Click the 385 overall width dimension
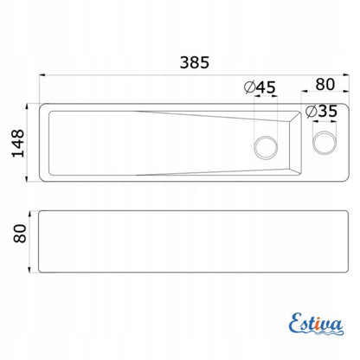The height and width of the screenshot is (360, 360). (x=195, y=62)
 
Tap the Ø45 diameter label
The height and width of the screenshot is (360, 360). (x=260, y=87)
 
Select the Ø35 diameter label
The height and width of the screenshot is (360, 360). (x=321, y=112)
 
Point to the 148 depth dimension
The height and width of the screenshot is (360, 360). (x=18, y=143)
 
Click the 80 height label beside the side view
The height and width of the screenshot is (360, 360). (x=20, y=234)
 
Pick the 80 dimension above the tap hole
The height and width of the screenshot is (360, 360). (x=325, y=85)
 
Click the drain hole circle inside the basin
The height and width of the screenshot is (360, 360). (x=266, y=147)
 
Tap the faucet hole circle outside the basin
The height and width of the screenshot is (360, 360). (x=325, y=143)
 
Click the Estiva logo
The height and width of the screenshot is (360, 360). (x=316, y=324)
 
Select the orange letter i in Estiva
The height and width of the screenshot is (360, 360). (x=318, y=325)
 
